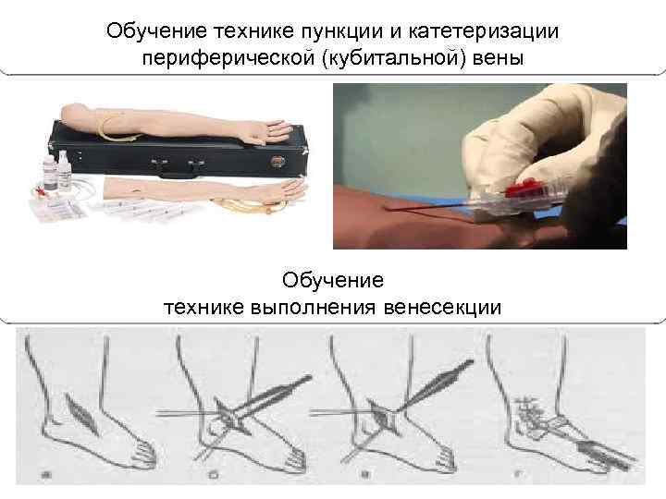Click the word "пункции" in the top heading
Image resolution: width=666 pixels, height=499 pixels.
pyautogui.click(x=345, y=31)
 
